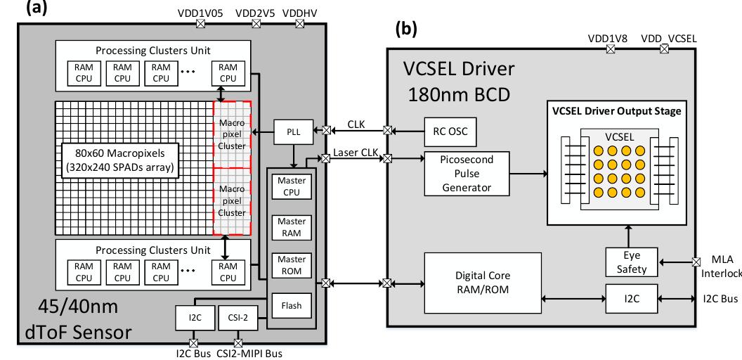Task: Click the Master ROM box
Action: coord(291,266)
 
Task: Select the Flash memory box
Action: coord(291,305)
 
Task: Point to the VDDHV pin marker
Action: coord(300,23)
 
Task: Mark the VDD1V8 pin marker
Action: coord(610,49)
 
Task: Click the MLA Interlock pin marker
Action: coord(696,262)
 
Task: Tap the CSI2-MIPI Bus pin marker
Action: coord(237,343)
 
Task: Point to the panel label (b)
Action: coord(408,29)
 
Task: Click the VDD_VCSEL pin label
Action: coord(668,38)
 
